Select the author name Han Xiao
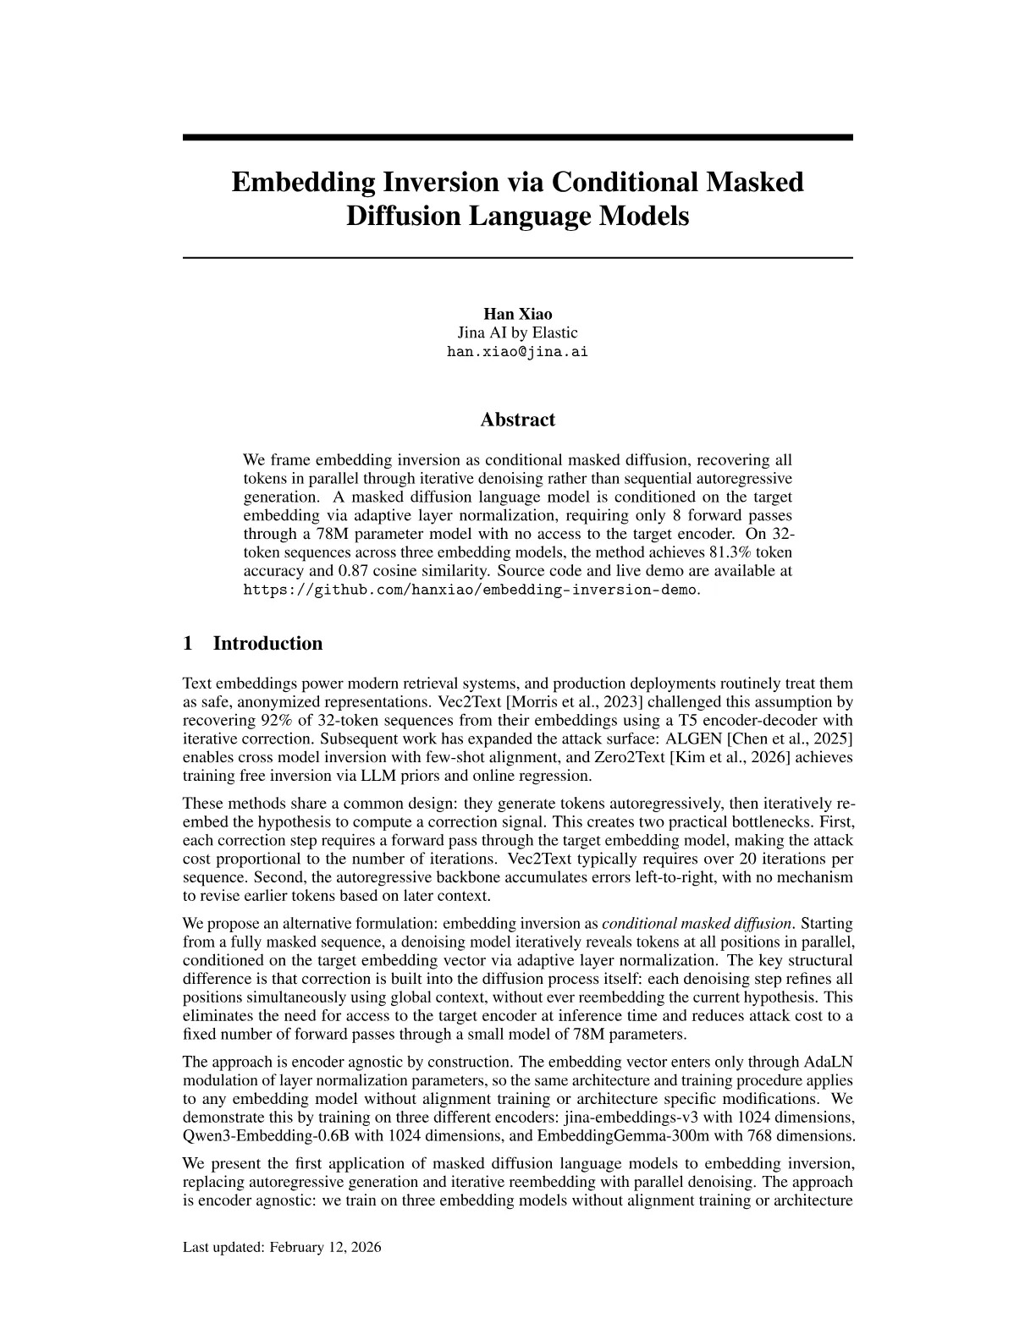[517, 315]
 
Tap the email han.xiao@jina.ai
[517, 352]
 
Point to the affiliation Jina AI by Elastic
[517, 332]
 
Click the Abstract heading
[517, 420]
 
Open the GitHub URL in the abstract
[471, 590]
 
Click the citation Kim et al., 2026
[723, 757]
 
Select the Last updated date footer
[282, 1247]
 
